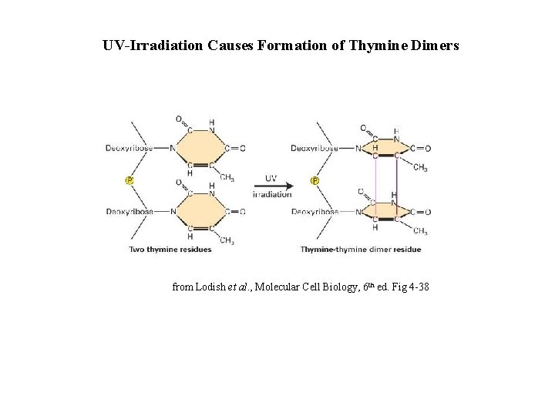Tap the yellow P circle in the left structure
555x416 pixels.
[x=129, y=180]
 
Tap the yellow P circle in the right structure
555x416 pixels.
[x=314, y=180]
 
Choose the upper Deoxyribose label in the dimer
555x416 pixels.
[x=314, y=149]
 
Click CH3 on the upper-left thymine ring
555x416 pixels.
[x=227, y=178]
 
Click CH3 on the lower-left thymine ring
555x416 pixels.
[x=227, y=240]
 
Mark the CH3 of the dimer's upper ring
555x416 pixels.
[x=420, y=168]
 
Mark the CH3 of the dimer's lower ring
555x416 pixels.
[x=420, y=230]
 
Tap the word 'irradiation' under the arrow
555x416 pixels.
[x=272, y=194]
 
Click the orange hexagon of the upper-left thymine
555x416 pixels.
[x=201, y=148]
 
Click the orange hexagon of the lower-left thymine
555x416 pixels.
[x=201, y=211]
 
